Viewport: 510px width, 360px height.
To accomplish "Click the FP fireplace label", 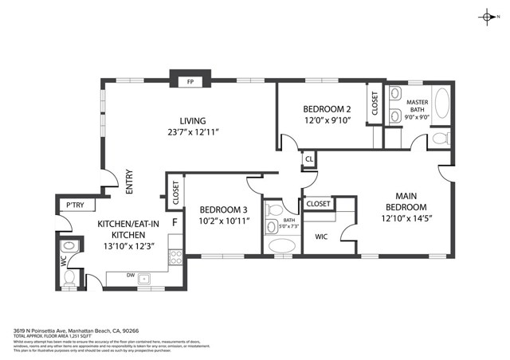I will tap(190, 82).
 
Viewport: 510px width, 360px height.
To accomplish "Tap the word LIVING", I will tap(193, 121).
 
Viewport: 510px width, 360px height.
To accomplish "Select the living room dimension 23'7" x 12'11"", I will tap(193, 132).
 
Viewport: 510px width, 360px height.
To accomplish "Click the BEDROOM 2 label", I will tap(327, 109).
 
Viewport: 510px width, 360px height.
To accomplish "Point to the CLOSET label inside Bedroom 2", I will tap(375, 104).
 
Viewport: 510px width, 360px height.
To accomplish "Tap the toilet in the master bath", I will tap(439, 141).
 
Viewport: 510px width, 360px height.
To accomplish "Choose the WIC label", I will tap(322, 237).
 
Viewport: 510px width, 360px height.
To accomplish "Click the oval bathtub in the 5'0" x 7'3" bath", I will tap(281, 247).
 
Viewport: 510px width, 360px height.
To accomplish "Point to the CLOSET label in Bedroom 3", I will tap(175, 192).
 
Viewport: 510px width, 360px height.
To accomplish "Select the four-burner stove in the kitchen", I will tap(175, 256).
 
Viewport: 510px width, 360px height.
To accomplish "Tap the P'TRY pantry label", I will tap(75, 205).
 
